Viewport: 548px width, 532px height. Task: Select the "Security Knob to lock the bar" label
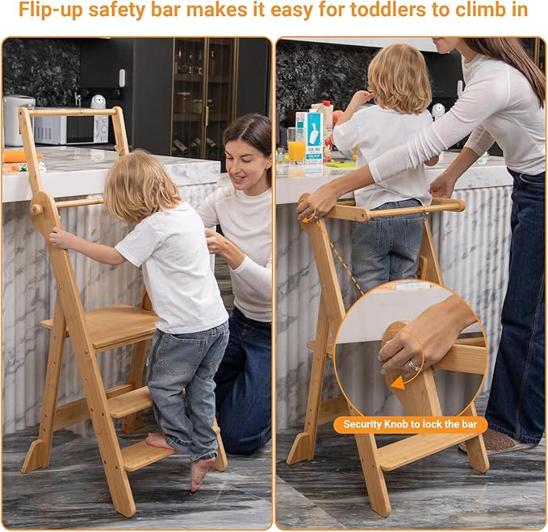point(411,425)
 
